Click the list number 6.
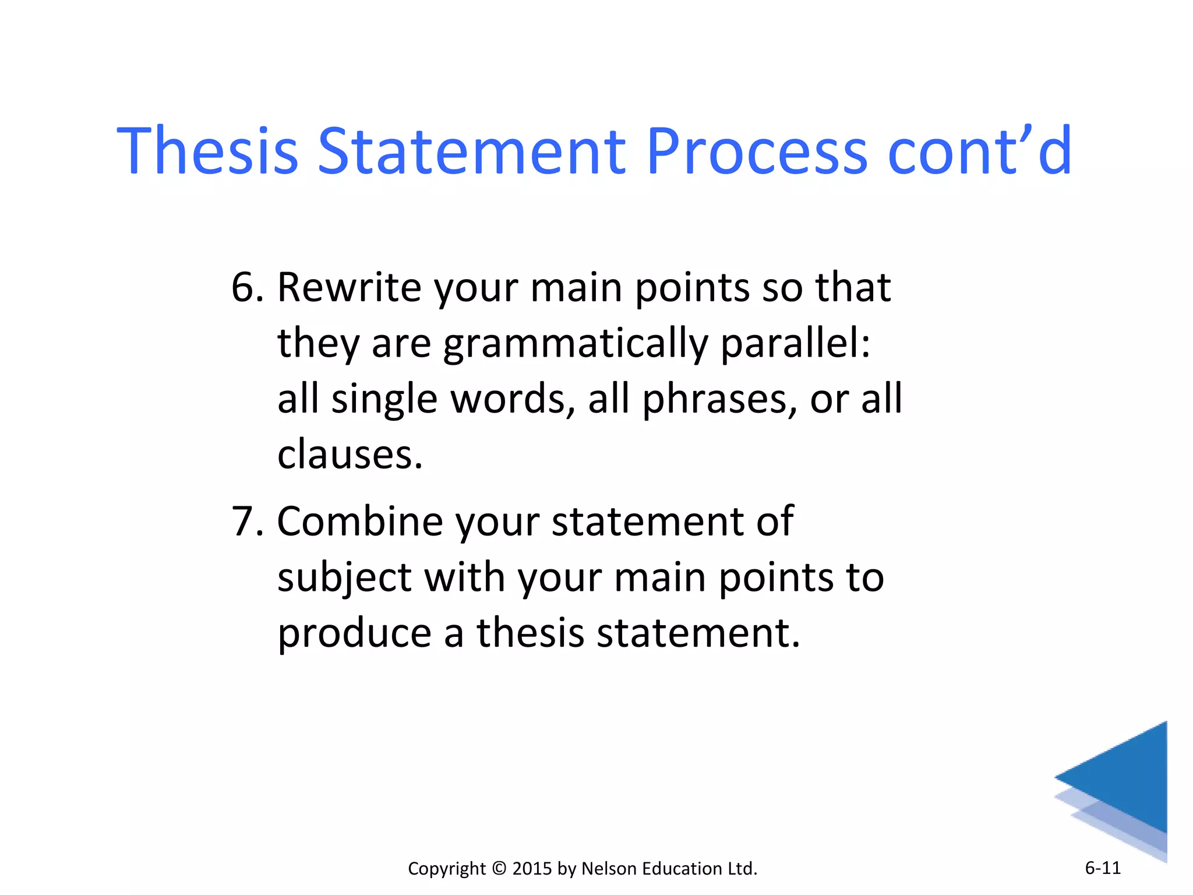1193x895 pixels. pos(244,287)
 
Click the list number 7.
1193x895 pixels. pos(244,521)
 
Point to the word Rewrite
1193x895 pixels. pos(348,287)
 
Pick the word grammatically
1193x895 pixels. pos(575,344)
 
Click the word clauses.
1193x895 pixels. pos(350,455)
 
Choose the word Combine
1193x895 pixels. pos(359,521)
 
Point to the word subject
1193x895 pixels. pos(344,578)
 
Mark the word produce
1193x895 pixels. pos(354,633)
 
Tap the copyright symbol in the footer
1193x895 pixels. pos(499,868)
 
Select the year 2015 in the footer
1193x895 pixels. pos(532,868)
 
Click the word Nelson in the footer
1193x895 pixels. pos(609,868)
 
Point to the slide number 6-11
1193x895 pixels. pos(1103,868)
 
